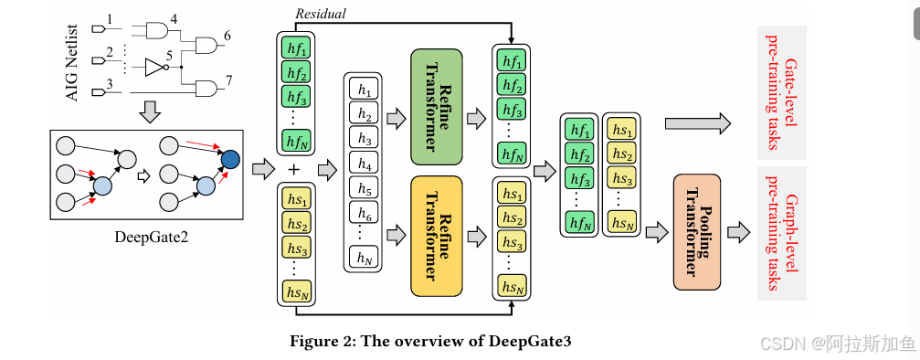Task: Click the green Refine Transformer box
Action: tap(437, 106)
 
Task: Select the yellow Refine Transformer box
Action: tap(437, 237)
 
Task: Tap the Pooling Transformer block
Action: tap(696, 232)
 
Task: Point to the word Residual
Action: tap(319, 14)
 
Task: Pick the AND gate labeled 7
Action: tap(206, 89)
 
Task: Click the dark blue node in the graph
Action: tap(229, 161)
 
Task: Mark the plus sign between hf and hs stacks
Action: tap(293, 170)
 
